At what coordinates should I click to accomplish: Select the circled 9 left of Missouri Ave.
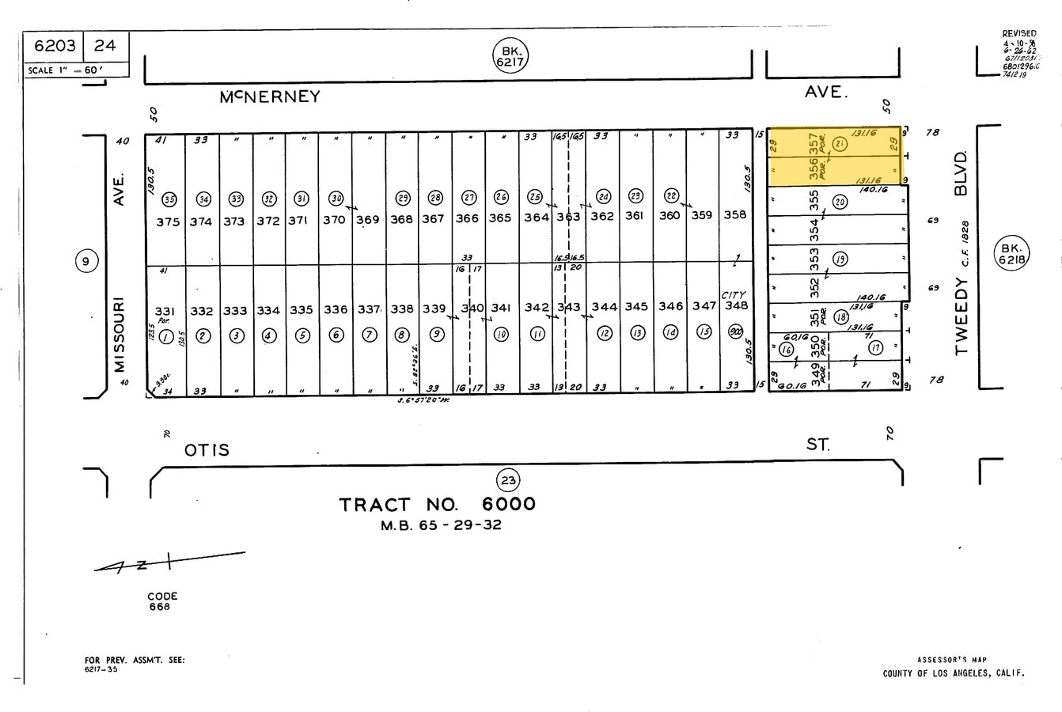88,260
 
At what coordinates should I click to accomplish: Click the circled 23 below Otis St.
507,479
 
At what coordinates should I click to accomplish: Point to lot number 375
168,222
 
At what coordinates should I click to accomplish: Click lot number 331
165,311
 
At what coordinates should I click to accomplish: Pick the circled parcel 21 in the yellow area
840,144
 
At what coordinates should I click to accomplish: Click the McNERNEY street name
270,97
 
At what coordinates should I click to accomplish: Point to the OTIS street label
207,450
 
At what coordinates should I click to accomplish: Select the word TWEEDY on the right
961,316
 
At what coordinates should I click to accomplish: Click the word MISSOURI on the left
119,335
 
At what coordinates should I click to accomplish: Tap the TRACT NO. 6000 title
437,504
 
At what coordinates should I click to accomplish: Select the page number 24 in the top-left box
104,45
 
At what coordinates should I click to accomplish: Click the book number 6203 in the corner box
55,45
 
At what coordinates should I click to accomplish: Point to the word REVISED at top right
1019,33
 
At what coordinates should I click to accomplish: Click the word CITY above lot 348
733,295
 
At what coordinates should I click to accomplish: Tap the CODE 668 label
162,601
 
